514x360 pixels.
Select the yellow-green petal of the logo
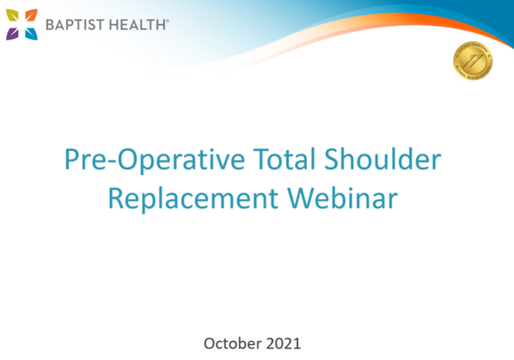coord(12,15)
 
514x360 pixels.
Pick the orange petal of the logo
coord(31,15)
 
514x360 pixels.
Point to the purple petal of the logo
coord(12,33)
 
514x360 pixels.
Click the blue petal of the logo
coord(31,33)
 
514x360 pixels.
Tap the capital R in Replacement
coord(116,201)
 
